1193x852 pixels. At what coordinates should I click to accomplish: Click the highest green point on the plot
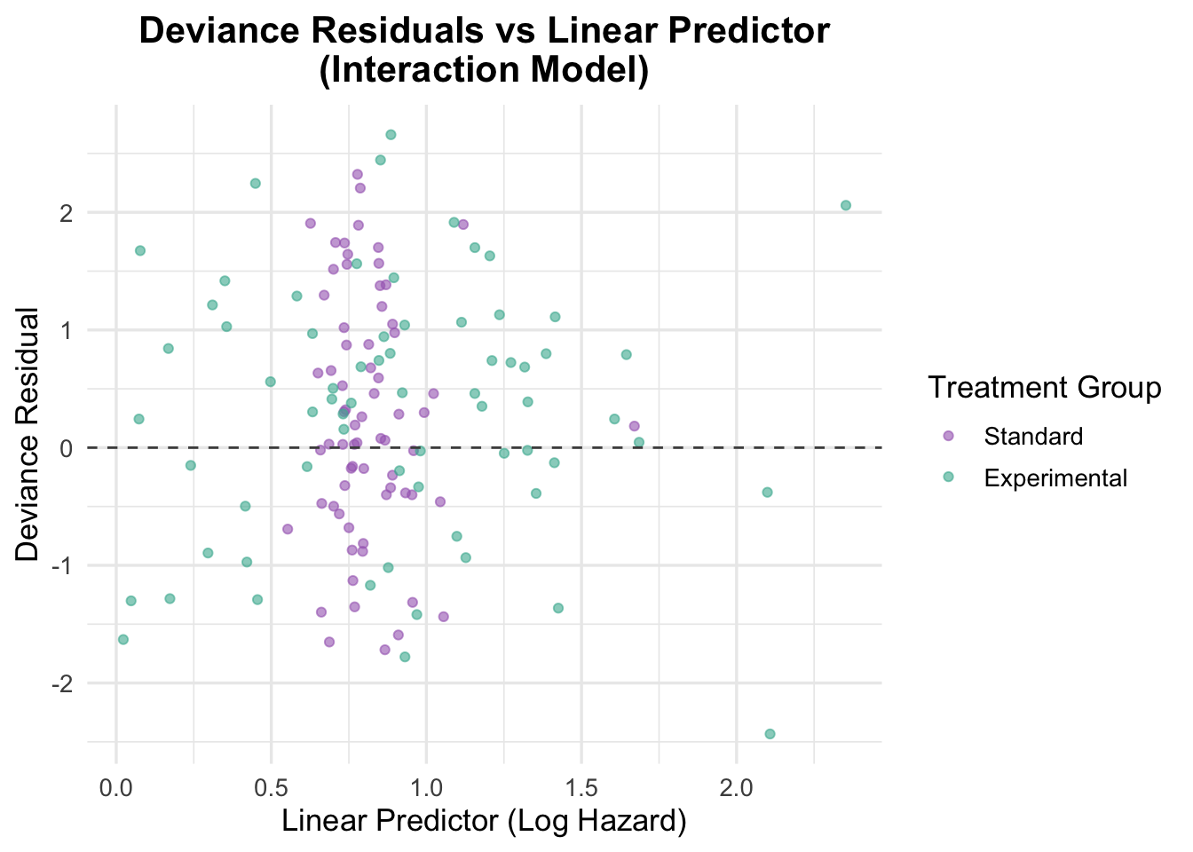(x=391, y=135)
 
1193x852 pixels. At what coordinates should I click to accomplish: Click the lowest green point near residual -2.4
(x=770, y=734)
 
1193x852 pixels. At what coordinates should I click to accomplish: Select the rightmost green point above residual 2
(x=846, y=205)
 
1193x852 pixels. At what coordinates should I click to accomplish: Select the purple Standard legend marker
(x=948, y=436)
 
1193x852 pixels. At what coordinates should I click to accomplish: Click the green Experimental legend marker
(x=948, y=477)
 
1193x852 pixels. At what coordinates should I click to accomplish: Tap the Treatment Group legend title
(x=1044, y=388)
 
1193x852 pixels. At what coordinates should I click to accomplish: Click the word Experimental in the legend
(x=1055, y=478)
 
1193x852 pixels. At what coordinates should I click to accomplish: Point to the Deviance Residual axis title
(x=29, y=435)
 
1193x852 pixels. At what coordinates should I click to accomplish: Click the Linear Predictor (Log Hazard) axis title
(x=484, y=822)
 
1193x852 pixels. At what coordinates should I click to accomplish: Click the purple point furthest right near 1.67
(x=634, y=426)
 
